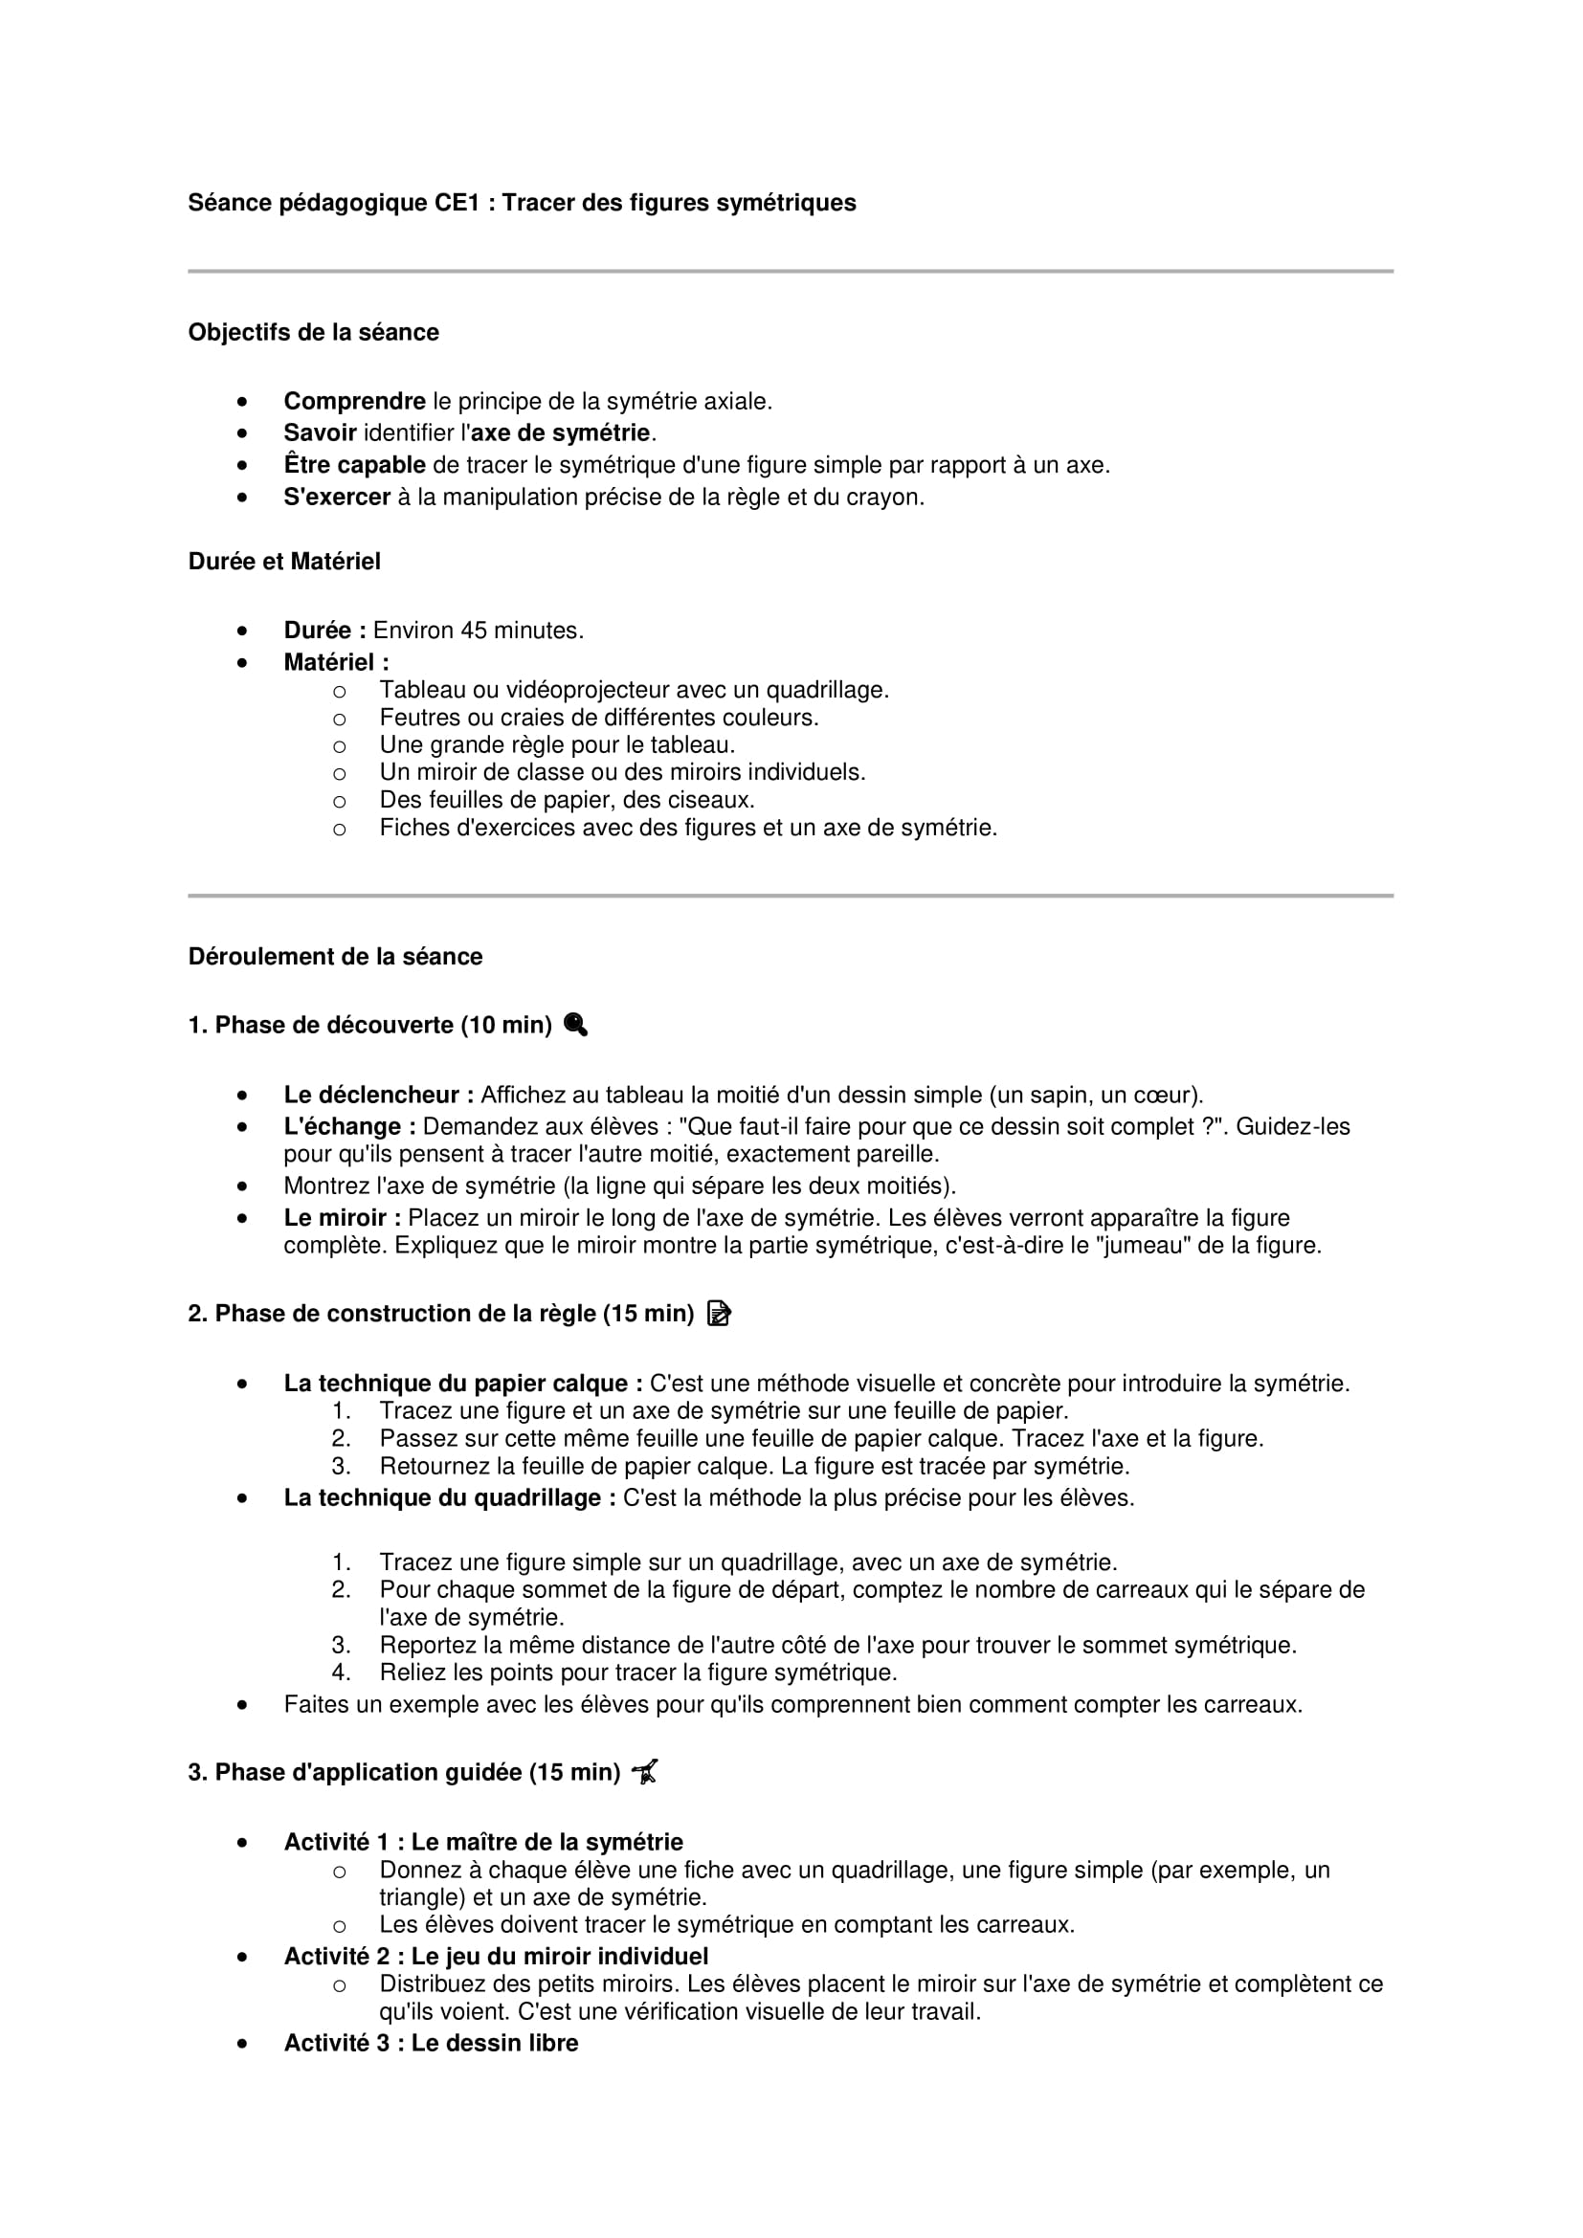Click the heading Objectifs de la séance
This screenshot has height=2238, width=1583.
tap(313, 332)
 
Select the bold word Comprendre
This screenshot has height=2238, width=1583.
tap(354, 402)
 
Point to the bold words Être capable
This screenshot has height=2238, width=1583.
tap(354, 466)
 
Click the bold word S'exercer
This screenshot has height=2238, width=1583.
tap(336, 498)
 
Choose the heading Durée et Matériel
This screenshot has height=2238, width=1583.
tap(283, 562)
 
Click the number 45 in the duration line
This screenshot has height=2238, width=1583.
tap(473, 631)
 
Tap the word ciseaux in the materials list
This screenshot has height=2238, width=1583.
tap(715, 800)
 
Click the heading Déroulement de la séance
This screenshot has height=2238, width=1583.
tap(335, 956)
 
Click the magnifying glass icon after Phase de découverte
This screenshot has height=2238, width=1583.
tap(575, 1025)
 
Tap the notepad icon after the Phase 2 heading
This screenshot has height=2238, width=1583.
tap(720, 1314)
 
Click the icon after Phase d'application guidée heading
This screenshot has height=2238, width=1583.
tap(645, 1772)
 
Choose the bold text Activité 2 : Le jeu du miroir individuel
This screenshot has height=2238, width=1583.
tap(495, 1957)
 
